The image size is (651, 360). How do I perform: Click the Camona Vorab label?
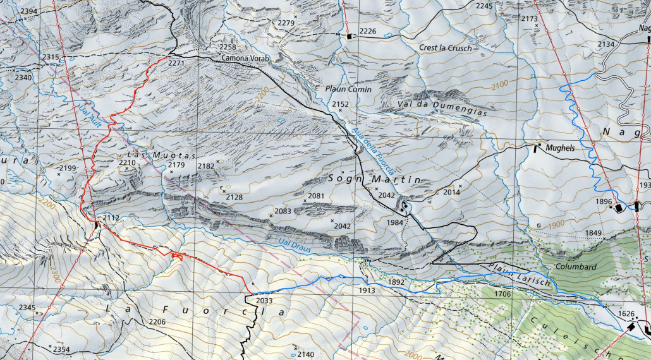coord(245,59)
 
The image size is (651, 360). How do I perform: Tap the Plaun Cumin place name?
coord(349,90)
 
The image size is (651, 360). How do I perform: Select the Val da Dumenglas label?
coord(443,107)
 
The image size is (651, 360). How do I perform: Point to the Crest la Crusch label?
coord(446,48)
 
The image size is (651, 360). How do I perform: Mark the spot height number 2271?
coord(176,63)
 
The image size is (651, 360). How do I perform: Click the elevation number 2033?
coord(265,301)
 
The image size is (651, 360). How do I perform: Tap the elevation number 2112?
coord(111,218)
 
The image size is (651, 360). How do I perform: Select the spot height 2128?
coord(234,197)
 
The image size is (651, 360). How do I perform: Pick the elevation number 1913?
coord(367,291)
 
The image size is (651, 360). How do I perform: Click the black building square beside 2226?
coord(349,37)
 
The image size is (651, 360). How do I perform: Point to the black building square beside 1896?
coord(619,207)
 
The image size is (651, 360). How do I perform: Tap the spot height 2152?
coord(341,104)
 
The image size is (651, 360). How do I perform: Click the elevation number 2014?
coord(451,192)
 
